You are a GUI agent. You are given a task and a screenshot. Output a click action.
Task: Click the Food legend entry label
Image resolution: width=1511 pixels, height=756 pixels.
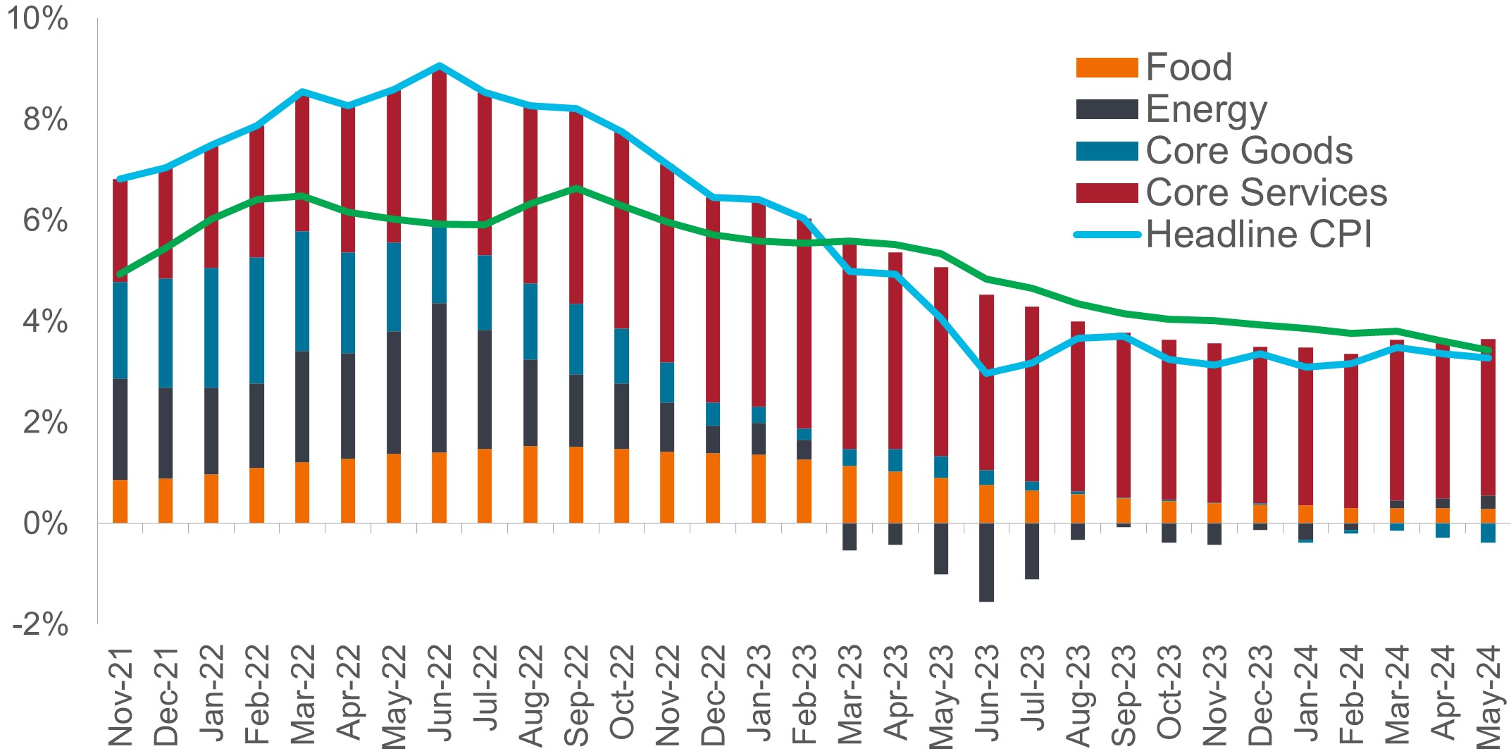point(1188,68)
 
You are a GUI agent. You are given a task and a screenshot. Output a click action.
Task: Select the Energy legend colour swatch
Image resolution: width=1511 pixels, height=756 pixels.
point(1107,109)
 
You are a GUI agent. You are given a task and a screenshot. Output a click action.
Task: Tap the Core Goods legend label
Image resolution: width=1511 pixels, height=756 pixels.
point(1249,151)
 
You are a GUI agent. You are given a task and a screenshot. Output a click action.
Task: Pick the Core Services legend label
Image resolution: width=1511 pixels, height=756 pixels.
point(1266,192)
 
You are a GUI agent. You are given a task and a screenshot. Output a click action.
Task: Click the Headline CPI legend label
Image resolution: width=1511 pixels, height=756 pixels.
point(1259,234)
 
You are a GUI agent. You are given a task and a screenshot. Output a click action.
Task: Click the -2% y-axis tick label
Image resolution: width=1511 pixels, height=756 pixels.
point(40,624)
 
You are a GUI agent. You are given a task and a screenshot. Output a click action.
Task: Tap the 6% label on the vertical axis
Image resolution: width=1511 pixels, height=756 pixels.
point(45,221)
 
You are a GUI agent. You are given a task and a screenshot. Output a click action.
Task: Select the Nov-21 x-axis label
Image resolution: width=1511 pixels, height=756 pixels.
point(121,695)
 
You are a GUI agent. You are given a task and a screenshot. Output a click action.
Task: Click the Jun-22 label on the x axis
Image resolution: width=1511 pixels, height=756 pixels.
point(440,695)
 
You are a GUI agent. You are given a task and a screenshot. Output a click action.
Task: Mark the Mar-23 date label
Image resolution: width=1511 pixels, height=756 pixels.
point(850,695)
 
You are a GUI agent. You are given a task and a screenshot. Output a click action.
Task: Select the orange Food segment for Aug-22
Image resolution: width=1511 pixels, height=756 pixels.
point(530,484)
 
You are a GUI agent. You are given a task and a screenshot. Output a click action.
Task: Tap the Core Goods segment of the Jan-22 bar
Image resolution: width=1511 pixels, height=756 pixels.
point(211,328)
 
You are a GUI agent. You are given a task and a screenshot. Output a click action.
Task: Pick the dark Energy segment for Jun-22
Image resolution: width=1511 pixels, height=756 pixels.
point(440,378)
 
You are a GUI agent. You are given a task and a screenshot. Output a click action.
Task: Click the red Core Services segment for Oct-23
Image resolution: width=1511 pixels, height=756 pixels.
point(1169,419)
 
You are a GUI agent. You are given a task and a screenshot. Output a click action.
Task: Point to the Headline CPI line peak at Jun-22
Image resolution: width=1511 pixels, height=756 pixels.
point(440,66)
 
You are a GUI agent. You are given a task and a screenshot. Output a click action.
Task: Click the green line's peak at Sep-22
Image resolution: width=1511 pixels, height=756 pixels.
point(576,188)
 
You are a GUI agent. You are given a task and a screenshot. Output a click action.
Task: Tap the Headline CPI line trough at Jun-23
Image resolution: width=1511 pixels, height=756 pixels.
point(986,372)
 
